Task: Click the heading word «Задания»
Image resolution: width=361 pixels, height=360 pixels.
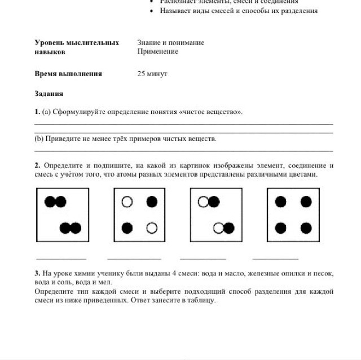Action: click(49, 94)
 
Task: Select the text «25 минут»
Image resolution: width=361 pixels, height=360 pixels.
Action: click(152, 74)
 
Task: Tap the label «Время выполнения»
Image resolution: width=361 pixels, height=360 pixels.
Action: click(68, 74)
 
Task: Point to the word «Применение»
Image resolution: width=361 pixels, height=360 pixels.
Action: click(157, 51)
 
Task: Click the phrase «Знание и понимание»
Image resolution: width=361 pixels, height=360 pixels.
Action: click(170, 43)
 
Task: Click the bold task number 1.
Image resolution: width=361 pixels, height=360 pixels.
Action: click(37, 112)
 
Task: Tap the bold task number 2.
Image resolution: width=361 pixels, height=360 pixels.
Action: click(37, 165)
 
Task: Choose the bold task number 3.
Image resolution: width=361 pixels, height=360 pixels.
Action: click(37, 274)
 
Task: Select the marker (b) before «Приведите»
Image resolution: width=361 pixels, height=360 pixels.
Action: click(39, 138)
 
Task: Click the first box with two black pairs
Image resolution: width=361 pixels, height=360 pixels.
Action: click(63, 214)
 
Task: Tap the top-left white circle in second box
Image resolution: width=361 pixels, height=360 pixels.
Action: click(127, 201)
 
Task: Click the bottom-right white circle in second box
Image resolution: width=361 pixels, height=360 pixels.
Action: click(152, 228)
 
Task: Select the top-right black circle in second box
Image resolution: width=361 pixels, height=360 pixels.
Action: click(152, 201)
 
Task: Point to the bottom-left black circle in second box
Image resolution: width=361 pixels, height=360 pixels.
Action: click(127, 228)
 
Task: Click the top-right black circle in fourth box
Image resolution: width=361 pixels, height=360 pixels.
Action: click(306, 201)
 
